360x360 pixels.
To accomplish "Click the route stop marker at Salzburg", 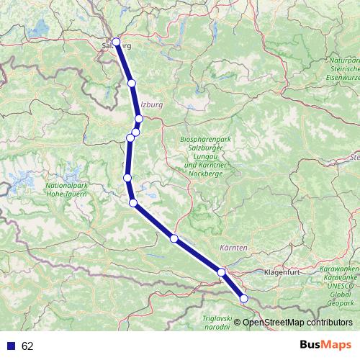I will (x=116, y=42).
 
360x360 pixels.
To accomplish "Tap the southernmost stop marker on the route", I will (x=243, y=298).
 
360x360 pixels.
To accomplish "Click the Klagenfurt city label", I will (x=286, y=273).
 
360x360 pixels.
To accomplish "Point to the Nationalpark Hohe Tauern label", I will (x=66, y=189).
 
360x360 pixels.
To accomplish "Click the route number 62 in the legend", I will (x=27, y=346).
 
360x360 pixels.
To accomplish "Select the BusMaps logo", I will (x=328, y=345).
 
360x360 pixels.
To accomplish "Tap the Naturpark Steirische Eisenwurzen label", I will (x=343, y=69).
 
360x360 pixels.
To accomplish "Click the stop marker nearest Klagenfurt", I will (x=222, y=272).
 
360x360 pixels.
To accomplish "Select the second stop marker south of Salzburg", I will (x=139, y=119).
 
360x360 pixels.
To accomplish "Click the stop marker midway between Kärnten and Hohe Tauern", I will (x=174, y=238).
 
